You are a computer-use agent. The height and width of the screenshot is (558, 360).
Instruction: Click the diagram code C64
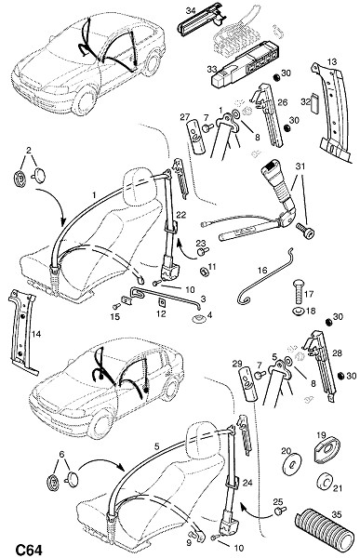click(x=28, y=550)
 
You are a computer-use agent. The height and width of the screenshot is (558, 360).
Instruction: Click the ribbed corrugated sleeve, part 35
click(x=325, y=533)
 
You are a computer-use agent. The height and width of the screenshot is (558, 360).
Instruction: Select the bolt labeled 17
click(x=299, y=291)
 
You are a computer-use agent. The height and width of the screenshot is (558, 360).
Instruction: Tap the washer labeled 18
click(x=299, y=312)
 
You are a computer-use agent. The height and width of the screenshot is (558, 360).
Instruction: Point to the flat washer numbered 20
click(x=292, y=464)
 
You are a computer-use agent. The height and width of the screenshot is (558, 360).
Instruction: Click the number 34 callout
click(x=191, y=10)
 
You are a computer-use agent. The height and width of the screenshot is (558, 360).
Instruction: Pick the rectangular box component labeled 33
click(x=246, y=66)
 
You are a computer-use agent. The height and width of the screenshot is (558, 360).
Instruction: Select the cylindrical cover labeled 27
click(x=196, y=137)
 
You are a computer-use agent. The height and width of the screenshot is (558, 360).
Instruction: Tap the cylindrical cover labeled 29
click(x=247, y=384)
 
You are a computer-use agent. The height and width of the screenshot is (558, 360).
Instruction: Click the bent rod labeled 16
click(x=265, y=278)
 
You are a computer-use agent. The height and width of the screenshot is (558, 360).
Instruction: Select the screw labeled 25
click(x=279, y=511)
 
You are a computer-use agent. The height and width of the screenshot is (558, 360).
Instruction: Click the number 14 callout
click(x=36, y=334)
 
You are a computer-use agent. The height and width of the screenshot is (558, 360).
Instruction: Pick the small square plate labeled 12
click(x=161, y=303)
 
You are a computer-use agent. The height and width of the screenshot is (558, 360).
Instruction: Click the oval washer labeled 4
click(x=198, y=318)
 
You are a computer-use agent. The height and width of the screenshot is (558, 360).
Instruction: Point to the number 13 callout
click(x=331, y=61)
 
